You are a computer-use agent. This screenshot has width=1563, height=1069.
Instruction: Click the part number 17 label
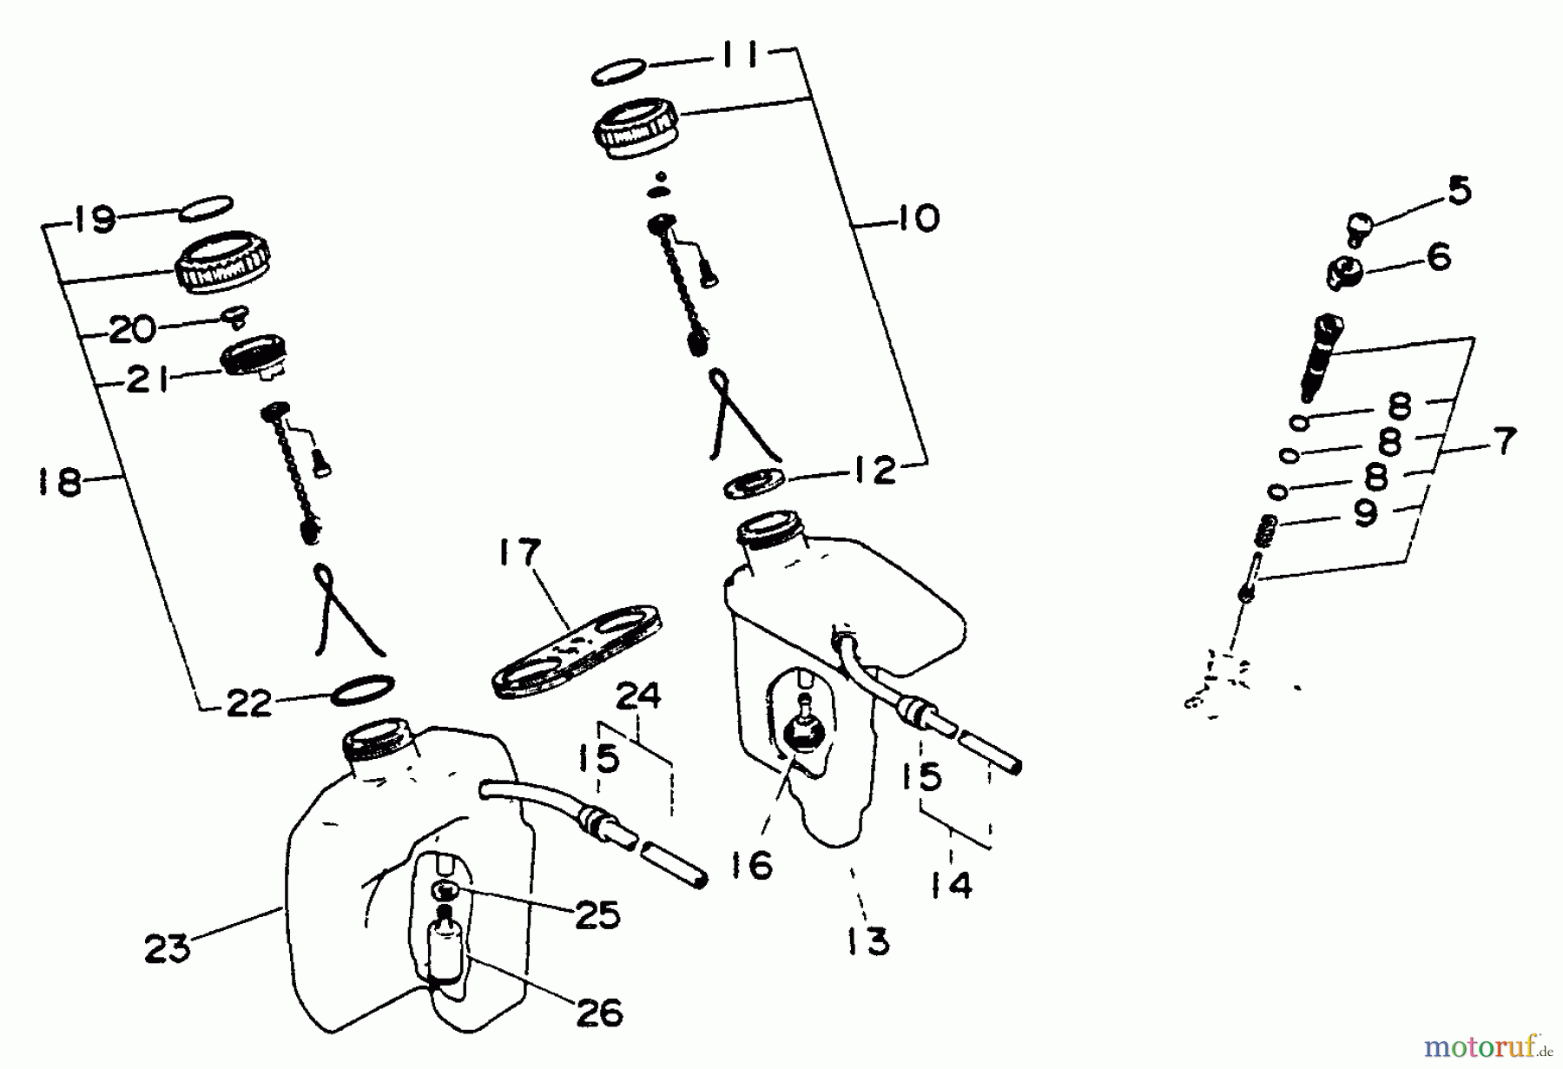coord(519,553)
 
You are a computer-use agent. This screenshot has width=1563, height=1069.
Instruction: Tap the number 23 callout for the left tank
coord(168,948)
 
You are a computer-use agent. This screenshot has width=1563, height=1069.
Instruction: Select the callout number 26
coord(599,1013)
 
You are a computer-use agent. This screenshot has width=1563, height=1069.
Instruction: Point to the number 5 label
coord(1460,190)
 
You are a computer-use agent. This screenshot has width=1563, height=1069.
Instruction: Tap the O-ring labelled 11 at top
coord(618,72)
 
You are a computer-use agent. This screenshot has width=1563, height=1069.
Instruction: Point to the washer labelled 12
coord(754,484)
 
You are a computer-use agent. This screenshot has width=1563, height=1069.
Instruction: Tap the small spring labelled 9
coord(1267,529)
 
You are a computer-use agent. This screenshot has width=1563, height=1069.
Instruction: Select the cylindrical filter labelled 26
coord(445,953)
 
